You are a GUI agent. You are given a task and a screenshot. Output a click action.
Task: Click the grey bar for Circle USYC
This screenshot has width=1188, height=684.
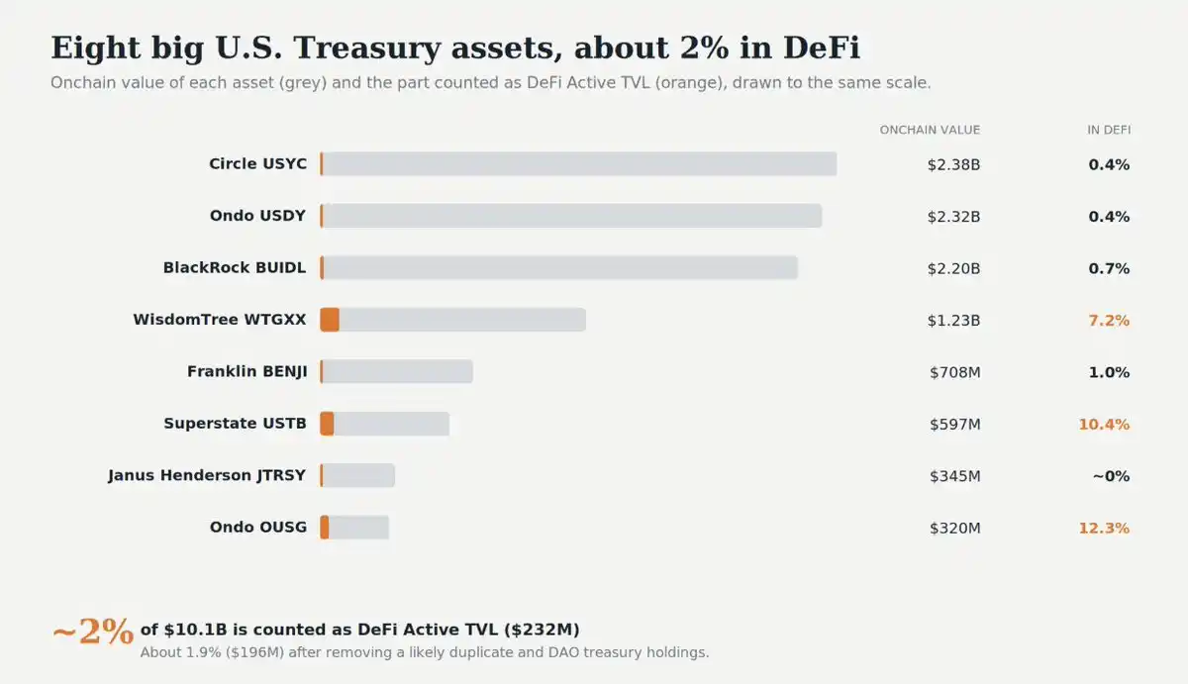[578, 164]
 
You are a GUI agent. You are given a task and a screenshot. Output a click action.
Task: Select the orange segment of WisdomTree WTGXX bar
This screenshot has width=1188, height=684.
[330, 320]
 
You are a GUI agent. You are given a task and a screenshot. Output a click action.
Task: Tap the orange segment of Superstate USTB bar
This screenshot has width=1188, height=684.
[327, 424]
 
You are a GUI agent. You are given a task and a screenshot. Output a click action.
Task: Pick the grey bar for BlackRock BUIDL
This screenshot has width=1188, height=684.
[559, 268]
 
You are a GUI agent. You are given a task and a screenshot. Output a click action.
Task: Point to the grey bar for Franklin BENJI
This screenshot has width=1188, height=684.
[396, 371]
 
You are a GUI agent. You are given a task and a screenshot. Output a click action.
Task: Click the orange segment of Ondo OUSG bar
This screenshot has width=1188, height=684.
[324, 528]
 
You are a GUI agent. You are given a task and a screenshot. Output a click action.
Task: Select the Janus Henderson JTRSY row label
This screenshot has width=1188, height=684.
[207, 475]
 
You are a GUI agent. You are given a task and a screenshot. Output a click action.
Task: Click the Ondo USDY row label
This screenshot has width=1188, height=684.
[257, 216]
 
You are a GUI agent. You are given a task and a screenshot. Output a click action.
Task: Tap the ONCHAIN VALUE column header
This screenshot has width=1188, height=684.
[930, 130]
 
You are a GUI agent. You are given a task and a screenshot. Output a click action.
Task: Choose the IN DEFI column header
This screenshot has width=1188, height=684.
[1109, 130]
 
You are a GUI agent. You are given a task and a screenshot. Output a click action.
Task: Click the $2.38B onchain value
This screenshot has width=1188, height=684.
[953, 165]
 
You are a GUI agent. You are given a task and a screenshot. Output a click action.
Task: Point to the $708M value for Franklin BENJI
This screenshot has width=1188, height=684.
[954, 373]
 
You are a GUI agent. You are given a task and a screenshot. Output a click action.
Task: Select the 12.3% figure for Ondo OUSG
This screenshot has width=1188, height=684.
[1104, 529]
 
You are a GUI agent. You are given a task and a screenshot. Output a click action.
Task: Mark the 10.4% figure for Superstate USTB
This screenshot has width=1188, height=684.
[1104, 425]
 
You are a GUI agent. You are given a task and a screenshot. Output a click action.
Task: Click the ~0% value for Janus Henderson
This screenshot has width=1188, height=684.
[1111, 476]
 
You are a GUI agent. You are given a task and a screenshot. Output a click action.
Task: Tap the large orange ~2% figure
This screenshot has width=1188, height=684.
[93, 633]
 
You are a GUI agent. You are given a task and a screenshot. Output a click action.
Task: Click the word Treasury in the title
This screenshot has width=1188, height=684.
[367, 48]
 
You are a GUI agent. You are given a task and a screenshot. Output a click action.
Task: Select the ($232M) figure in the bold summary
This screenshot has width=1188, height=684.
[542, 630]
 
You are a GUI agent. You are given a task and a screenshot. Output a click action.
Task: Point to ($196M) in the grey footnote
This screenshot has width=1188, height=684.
[254, 652]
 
